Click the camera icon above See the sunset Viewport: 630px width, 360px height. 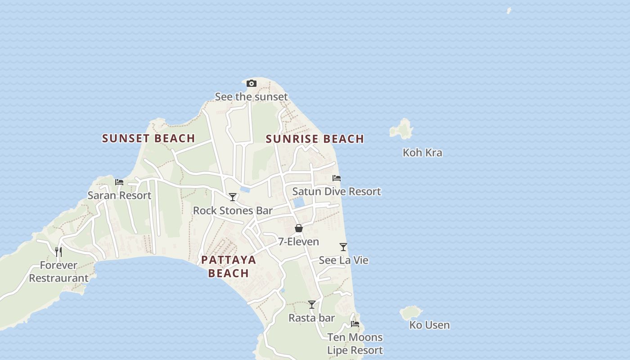point(252,83)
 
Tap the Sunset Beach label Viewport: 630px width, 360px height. point(148,138)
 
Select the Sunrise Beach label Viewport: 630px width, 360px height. point(315,139)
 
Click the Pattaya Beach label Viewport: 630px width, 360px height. point(229,266)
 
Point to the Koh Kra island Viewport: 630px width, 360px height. point(401,129)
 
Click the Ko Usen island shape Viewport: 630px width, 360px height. point(411,312)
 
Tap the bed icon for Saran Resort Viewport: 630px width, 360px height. point(119,182)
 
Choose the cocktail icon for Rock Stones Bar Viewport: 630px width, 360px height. point(233,197)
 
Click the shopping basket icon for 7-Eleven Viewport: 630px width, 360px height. point(298,228)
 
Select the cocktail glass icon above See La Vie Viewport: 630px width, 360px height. point(343,247)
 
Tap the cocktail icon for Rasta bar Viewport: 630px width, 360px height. point(311,305)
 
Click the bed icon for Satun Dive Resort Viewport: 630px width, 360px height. point(336,178)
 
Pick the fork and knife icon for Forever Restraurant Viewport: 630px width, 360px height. point(58,252)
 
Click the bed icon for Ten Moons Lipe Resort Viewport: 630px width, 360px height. point(355,324)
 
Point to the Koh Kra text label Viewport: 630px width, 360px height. point(422,153)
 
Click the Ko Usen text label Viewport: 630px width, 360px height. point(429,325)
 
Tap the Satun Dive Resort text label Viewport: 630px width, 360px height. point(337,191)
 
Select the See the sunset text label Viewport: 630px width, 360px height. point(251,97)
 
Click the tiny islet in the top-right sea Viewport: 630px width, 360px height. point(509,10)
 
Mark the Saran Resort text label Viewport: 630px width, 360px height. point(119,195)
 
